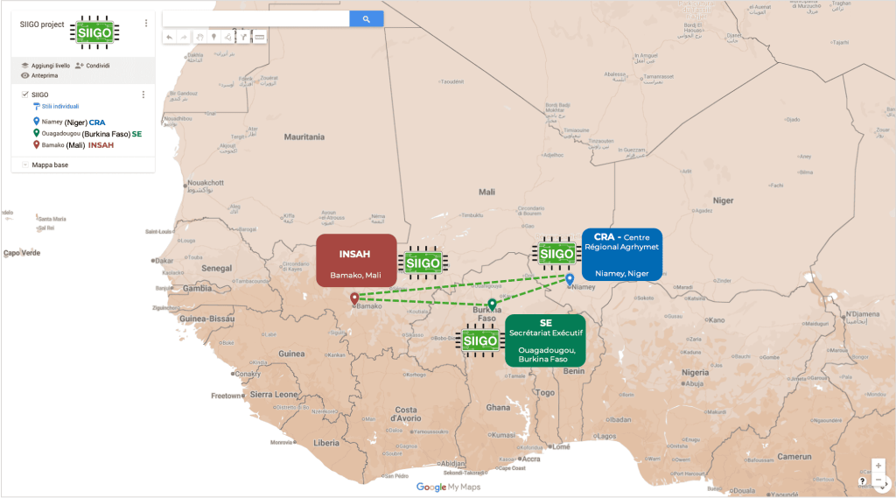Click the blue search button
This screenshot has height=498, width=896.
367,18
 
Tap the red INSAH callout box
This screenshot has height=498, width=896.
356,259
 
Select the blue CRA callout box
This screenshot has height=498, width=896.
621,255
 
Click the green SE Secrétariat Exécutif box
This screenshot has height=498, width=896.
545,340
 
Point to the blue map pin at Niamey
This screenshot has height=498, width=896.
570,280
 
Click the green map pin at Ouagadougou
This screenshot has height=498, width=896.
493,305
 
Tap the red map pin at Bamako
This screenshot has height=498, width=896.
354,299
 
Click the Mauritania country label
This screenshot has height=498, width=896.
304,137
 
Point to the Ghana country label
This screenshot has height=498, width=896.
498,408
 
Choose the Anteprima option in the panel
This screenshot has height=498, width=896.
45,75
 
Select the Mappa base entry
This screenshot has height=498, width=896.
50,165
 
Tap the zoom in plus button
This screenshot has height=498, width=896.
878,466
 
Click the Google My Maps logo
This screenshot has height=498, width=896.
448,487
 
